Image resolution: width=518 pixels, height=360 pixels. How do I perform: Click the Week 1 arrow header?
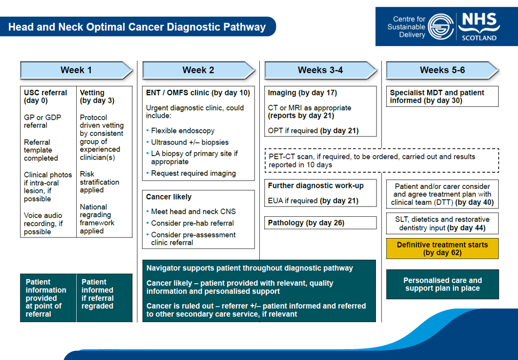coord(76,70)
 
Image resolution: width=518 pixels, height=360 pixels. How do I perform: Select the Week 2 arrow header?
coord(198,70)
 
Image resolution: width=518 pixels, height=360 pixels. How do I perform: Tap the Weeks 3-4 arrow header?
coord(320,70)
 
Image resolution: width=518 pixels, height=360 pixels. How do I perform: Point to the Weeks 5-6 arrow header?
coord(442,70)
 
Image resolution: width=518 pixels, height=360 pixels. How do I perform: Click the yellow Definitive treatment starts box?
coord(442,248)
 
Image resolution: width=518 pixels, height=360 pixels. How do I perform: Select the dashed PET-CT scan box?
coord(382,160)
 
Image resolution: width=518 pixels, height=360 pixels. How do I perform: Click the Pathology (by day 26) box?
coord(320,223)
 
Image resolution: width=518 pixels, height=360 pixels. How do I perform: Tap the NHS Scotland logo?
coord(478,26)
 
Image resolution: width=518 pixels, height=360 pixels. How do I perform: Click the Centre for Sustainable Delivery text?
coord(406,26)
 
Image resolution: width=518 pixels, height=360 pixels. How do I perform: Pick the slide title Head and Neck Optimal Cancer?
coord(137,27)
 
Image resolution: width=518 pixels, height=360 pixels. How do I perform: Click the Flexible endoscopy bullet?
coord(183,131)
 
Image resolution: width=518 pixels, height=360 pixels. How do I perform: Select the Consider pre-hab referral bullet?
coord(192,223)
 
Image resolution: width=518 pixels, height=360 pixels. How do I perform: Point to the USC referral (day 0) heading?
coord(46,96)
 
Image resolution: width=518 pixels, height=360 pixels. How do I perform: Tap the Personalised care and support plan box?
coord(442,284)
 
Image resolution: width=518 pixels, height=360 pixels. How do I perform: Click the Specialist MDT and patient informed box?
coord(442,96)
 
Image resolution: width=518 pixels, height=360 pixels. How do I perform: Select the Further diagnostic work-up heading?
coord(316,186)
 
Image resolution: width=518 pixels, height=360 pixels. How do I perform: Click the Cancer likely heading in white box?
coord(169,197)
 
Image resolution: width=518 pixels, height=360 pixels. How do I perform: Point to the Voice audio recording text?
coord(43,224)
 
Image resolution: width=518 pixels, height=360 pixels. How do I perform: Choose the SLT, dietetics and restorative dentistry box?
coord(442,224)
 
